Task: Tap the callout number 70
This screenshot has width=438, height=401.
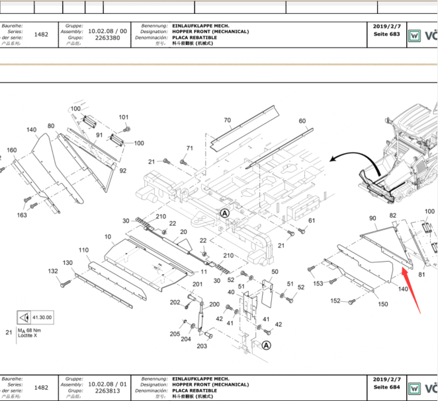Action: [x=227, y=120]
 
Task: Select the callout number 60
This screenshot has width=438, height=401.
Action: [x=302, y=121]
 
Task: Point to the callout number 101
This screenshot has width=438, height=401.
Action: [x=124, y=117]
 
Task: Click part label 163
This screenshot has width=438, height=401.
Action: [x=22, y=215]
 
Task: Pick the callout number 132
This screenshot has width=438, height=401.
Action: [x=53, y=272]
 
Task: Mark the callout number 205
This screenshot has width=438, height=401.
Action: [x=174, y=334]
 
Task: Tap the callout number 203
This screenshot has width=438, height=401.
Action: [x=201, y=346]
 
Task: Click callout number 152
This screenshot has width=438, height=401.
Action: [x=335, y=301]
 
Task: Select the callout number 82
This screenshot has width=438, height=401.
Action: [x=393, y=216]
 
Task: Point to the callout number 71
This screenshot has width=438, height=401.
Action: [x=190, y=148]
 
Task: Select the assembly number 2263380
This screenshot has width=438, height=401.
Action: [x=107, y=38]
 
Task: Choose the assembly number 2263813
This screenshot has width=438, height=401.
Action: [x=107, y=390]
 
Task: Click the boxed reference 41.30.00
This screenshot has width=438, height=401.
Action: [x=44, y=317]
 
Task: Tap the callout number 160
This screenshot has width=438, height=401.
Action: [x=11, y=150]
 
